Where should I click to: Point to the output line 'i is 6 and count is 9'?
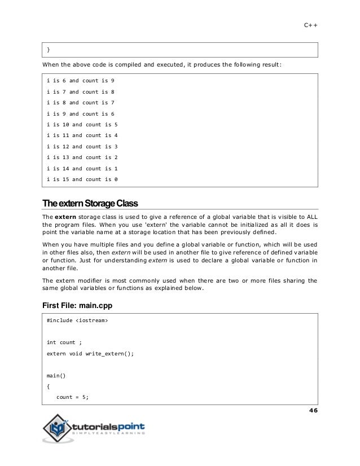80,81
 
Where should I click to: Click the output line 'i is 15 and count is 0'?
82,179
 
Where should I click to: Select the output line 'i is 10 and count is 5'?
82,125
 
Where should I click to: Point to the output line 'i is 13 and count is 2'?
82,157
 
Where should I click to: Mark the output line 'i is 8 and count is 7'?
80,103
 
